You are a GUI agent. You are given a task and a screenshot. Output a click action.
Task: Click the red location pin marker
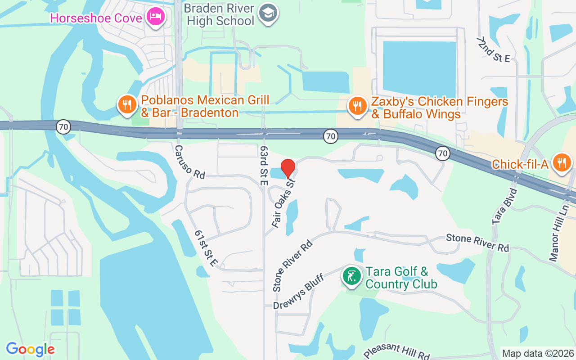tap(288, 168)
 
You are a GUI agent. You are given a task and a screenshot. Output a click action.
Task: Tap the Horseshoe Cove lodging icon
tap(156, 17)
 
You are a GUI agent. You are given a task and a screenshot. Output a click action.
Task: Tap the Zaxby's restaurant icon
tap(358, 106)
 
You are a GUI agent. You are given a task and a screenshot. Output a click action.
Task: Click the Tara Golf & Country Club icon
tap(351, 275)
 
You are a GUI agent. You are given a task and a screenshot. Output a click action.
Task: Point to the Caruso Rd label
tap(189, 161)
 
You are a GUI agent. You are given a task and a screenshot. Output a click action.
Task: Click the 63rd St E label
tap(264, 166)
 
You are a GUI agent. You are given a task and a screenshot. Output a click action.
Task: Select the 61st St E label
tap(207, 248)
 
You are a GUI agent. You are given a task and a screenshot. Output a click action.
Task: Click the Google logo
tap(30, 349)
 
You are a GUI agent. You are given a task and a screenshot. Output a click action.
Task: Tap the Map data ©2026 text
tap(538, 353)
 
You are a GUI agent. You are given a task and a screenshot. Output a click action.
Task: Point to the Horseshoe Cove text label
tap(96, 18)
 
